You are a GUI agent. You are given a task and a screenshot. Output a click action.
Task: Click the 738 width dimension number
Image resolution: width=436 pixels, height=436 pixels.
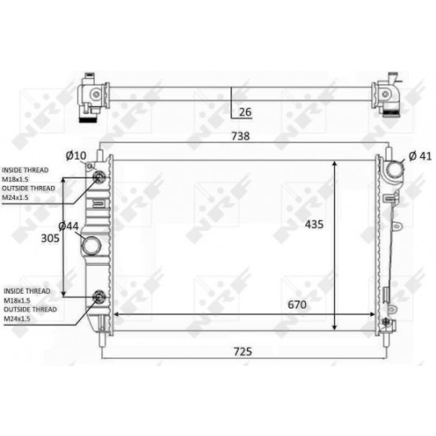[x=241, y=136]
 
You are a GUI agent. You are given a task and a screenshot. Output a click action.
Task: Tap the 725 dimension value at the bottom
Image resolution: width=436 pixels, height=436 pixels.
[x=243, y=352]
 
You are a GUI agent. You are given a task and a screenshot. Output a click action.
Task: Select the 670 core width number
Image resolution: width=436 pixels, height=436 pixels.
[x=297, y=304]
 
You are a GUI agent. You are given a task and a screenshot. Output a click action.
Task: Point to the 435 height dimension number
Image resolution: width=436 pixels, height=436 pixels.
[x=314, y=224]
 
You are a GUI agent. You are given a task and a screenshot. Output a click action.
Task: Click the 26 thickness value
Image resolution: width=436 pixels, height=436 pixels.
[x=245, y=112]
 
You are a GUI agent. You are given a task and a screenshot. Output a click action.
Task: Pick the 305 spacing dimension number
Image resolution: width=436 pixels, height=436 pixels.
[x=50, y=239]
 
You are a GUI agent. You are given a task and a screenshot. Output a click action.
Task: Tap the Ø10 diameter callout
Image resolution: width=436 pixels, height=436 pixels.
[x=76, y=155]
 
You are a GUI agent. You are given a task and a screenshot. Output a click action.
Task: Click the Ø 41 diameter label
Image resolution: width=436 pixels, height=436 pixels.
[x=420, y=156]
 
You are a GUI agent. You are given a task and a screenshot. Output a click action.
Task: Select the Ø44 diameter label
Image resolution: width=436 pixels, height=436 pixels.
[x=68, y=226]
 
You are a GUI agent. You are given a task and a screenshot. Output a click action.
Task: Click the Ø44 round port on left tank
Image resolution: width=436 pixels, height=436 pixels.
[x=91, y=246]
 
